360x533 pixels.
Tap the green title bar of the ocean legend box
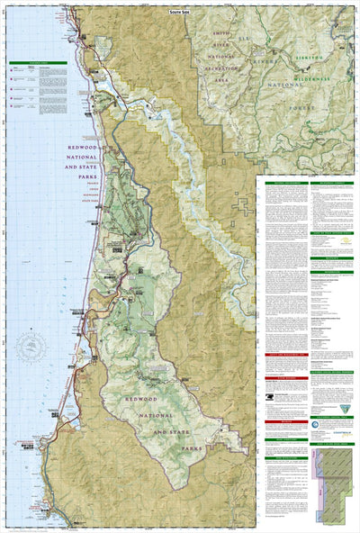click(x=36, y=63)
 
